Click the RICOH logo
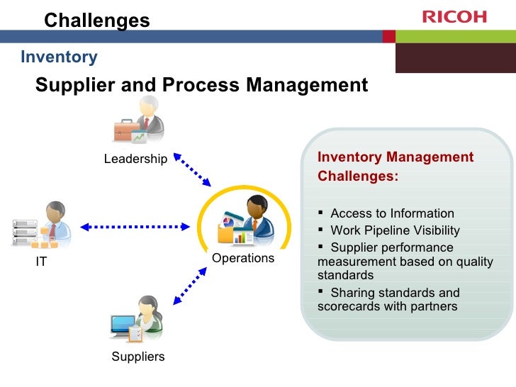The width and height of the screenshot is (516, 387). [x=454, y=16]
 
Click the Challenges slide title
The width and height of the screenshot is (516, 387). [x=97, y=21]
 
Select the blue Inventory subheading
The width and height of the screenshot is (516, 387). [x=59, y=57]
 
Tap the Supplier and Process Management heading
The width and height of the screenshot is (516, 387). [x=202, y=86]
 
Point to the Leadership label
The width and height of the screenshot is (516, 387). [x=135, y=159]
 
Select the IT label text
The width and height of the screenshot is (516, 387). [x=41, y=262]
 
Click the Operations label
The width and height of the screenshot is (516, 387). [x=243, y=258]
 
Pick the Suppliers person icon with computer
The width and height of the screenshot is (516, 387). [x=138, y=320]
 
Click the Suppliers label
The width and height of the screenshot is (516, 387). [x=138, y=357]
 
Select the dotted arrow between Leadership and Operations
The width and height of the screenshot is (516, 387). [x=191, y=169]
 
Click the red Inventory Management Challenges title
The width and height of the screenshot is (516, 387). [x=396, y=167]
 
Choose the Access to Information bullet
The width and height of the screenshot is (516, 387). [x=392, y=213]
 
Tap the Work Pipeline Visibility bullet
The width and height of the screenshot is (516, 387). [x=395, y=230]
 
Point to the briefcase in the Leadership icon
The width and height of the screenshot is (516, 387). [x=126, y=132]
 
